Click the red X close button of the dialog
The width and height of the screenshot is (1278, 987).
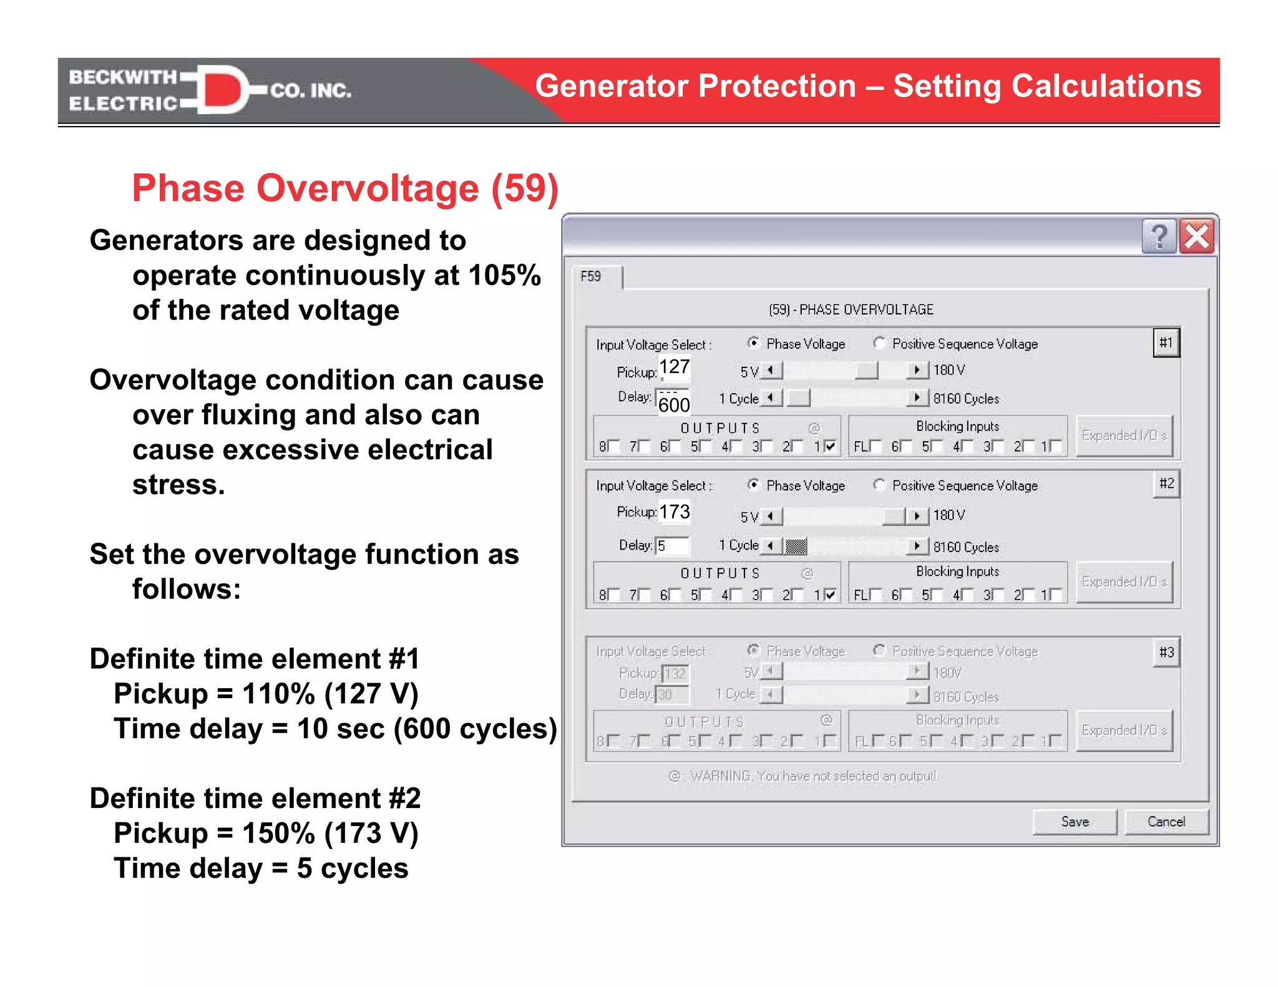(1196, 236)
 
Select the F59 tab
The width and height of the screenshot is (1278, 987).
(592, 276)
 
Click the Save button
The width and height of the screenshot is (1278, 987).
(1075, 822)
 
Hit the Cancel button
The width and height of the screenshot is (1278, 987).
(1166, 822)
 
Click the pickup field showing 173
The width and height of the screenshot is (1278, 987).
(675, 512)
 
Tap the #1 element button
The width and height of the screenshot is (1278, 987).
(1166, 343)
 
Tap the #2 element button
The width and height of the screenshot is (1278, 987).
(1166, 484)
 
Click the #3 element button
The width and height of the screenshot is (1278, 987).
(1166, 653)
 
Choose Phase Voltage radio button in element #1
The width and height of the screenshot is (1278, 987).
(754, 343)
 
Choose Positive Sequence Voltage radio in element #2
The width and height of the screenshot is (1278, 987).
(879, 485)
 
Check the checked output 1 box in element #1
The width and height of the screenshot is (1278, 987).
(830, 446)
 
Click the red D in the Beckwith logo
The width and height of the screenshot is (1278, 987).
(222, 90)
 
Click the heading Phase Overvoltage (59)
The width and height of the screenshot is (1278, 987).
(345, 188)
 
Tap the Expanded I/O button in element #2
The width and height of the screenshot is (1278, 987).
(1124, 581)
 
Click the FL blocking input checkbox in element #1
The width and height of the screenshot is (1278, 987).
(876, 446)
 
